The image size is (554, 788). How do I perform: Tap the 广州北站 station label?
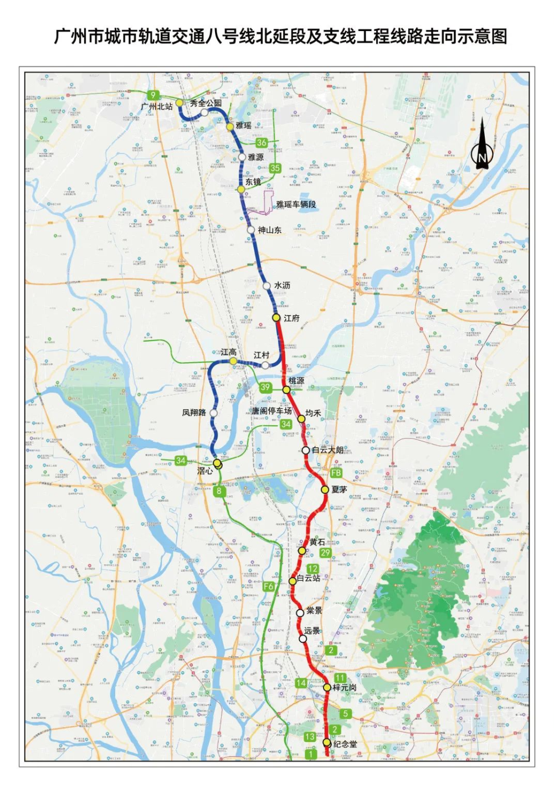pyautogui.click(x=157, y=106)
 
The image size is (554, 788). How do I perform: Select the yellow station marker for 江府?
pyautogui.click(x=276, y=317)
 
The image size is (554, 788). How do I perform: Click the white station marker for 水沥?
pyautogui.click(x=267, y=286)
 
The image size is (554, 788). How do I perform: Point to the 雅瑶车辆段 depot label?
pyautogui.click(x=296, y=204)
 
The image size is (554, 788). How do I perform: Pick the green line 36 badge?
pyautogui.click(x=261, y=142)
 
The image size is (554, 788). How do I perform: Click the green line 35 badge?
pyautogui.click(x=275, y=168)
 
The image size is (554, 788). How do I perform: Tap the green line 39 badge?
pyautogui.click(x=265, y=387)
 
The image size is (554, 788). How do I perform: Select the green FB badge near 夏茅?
pyautogui.click(x=336, y=473)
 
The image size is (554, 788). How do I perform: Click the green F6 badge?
pyautogui.click(x=269, y=586)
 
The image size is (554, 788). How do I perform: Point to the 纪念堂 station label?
pyautogui.click(x=345, y=744)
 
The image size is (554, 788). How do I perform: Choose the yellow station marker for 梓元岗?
pyautogui.click(x=327, y=687)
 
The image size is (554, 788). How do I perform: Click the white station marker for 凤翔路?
pyautogui.click(x=213, y=413)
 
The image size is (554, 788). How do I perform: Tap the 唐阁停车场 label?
pyautogui.click(x=271, y=411)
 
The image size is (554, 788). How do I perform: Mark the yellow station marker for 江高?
pyautogui.click(x=233, y=361)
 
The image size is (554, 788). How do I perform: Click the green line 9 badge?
pyautogui.click(x=153, y=95)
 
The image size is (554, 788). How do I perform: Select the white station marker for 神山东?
pyautogui.click(x=251, y=230)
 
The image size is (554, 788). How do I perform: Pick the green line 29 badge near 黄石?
pyautogui.click(x=325, y=552)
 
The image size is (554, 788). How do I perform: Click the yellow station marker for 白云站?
pyautogui.click(x=293, y=581)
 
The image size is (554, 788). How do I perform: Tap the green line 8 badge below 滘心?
pyautogui.click(x=219, y=491)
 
